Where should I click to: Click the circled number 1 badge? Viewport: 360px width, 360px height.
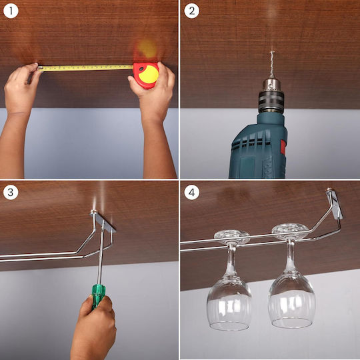coord(11,11)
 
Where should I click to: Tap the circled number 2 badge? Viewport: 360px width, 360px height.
coord(192,11)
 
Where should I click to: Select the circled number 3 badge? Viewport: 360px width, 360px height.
coord(11,192)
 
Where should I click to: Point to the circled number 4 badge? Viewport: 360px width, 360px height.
coord(192,192)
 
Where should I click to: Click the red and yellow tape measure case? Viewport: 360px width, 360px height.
coord(146,75)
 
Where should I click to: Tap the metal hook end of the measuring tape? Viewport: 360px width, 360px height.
coord(40,68)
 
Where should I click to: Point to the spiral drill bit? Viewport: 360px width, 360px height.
coord(272,65)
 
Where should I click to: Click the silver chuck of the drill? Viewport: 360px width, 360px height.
coord(271,85)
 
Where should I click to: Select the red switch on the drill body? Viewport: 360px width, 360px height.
coord(283,147)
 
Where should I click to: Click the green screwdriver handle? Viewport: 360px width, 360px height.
coord(98,296)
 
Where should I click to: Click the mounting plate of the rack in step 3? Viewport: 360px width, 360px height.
coord(103,221)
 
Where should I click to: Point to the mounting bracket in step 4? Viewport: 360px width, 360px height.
coord(335,203)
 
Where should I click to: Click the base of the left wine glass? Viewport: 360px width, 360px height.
coord(232,237)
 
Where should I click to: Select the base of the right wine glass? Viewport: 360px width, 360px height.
coord(290,231)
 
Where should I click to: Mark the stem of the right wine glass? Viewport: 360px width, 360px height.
coord(291,255)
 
